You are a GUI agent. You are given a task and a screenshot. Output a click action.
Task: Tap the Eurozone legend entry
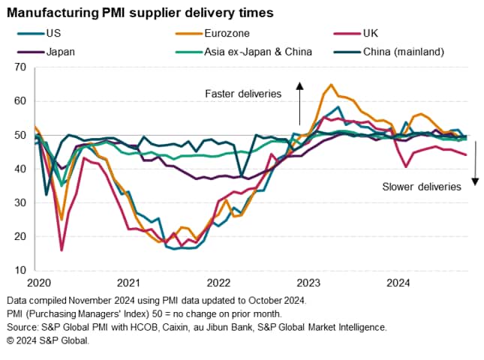click(x=229, y=33)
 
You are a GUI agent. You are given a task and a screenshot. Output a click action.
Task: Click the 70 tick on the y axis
click(x=21, y=67)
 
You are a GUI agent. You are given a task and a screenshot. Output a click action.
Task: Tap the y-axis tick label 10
click(x=21, y=270)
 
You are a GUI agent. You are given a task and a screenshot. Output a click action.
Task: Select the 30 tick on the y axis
click(x=21, y=202)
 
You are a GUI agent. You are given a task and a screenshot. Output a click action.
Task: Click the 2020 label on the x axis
click(x=38, y=283)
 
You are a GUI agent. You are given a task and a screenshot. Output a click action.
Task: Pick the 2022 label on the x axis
click(x=218, y=283)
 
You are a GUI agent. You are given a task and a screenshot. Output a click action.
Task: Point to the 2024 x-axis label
click(x=398, y=283)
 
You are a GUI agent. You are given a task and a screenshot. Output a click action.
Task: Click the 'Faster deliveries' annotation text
click(x=242, y=94)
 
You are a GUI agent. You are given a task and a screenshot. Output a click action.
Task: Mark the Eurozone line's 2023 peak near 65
click(x=331, y=85)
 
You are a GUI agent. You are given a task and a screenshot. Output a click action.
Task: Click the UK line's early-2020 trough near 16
click(x=61, y=250)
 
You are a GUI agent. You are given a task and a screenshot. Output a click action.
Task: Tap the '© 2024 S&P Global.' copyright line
click(x=48, y=340)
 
